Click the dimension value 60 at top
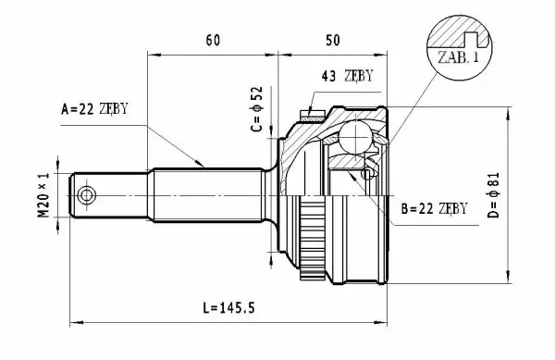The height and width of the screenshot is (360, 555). tap(213, 41)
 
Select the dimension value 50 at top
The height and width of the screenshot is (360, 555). tap(333, 41)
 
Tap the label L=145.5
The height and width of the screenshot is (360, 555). tap(228, 307)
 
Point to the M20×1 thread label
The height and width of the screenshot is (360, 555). tap(43, 195)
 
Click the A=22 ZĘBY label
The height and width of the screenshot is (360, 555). tap(94, 109)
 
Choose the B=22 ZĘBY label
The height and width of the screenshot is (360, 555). tap(434, 208)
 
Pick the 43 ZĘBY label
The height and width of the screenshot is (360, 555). tap(347, 76)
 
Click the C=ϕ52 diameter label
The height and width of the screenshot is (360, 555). tap(256, 109)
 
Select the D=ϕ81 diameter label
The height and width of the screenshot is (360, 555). tap(493, 195)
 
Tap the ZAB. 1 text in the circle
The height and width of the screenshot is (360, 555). tap(458, 57)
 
